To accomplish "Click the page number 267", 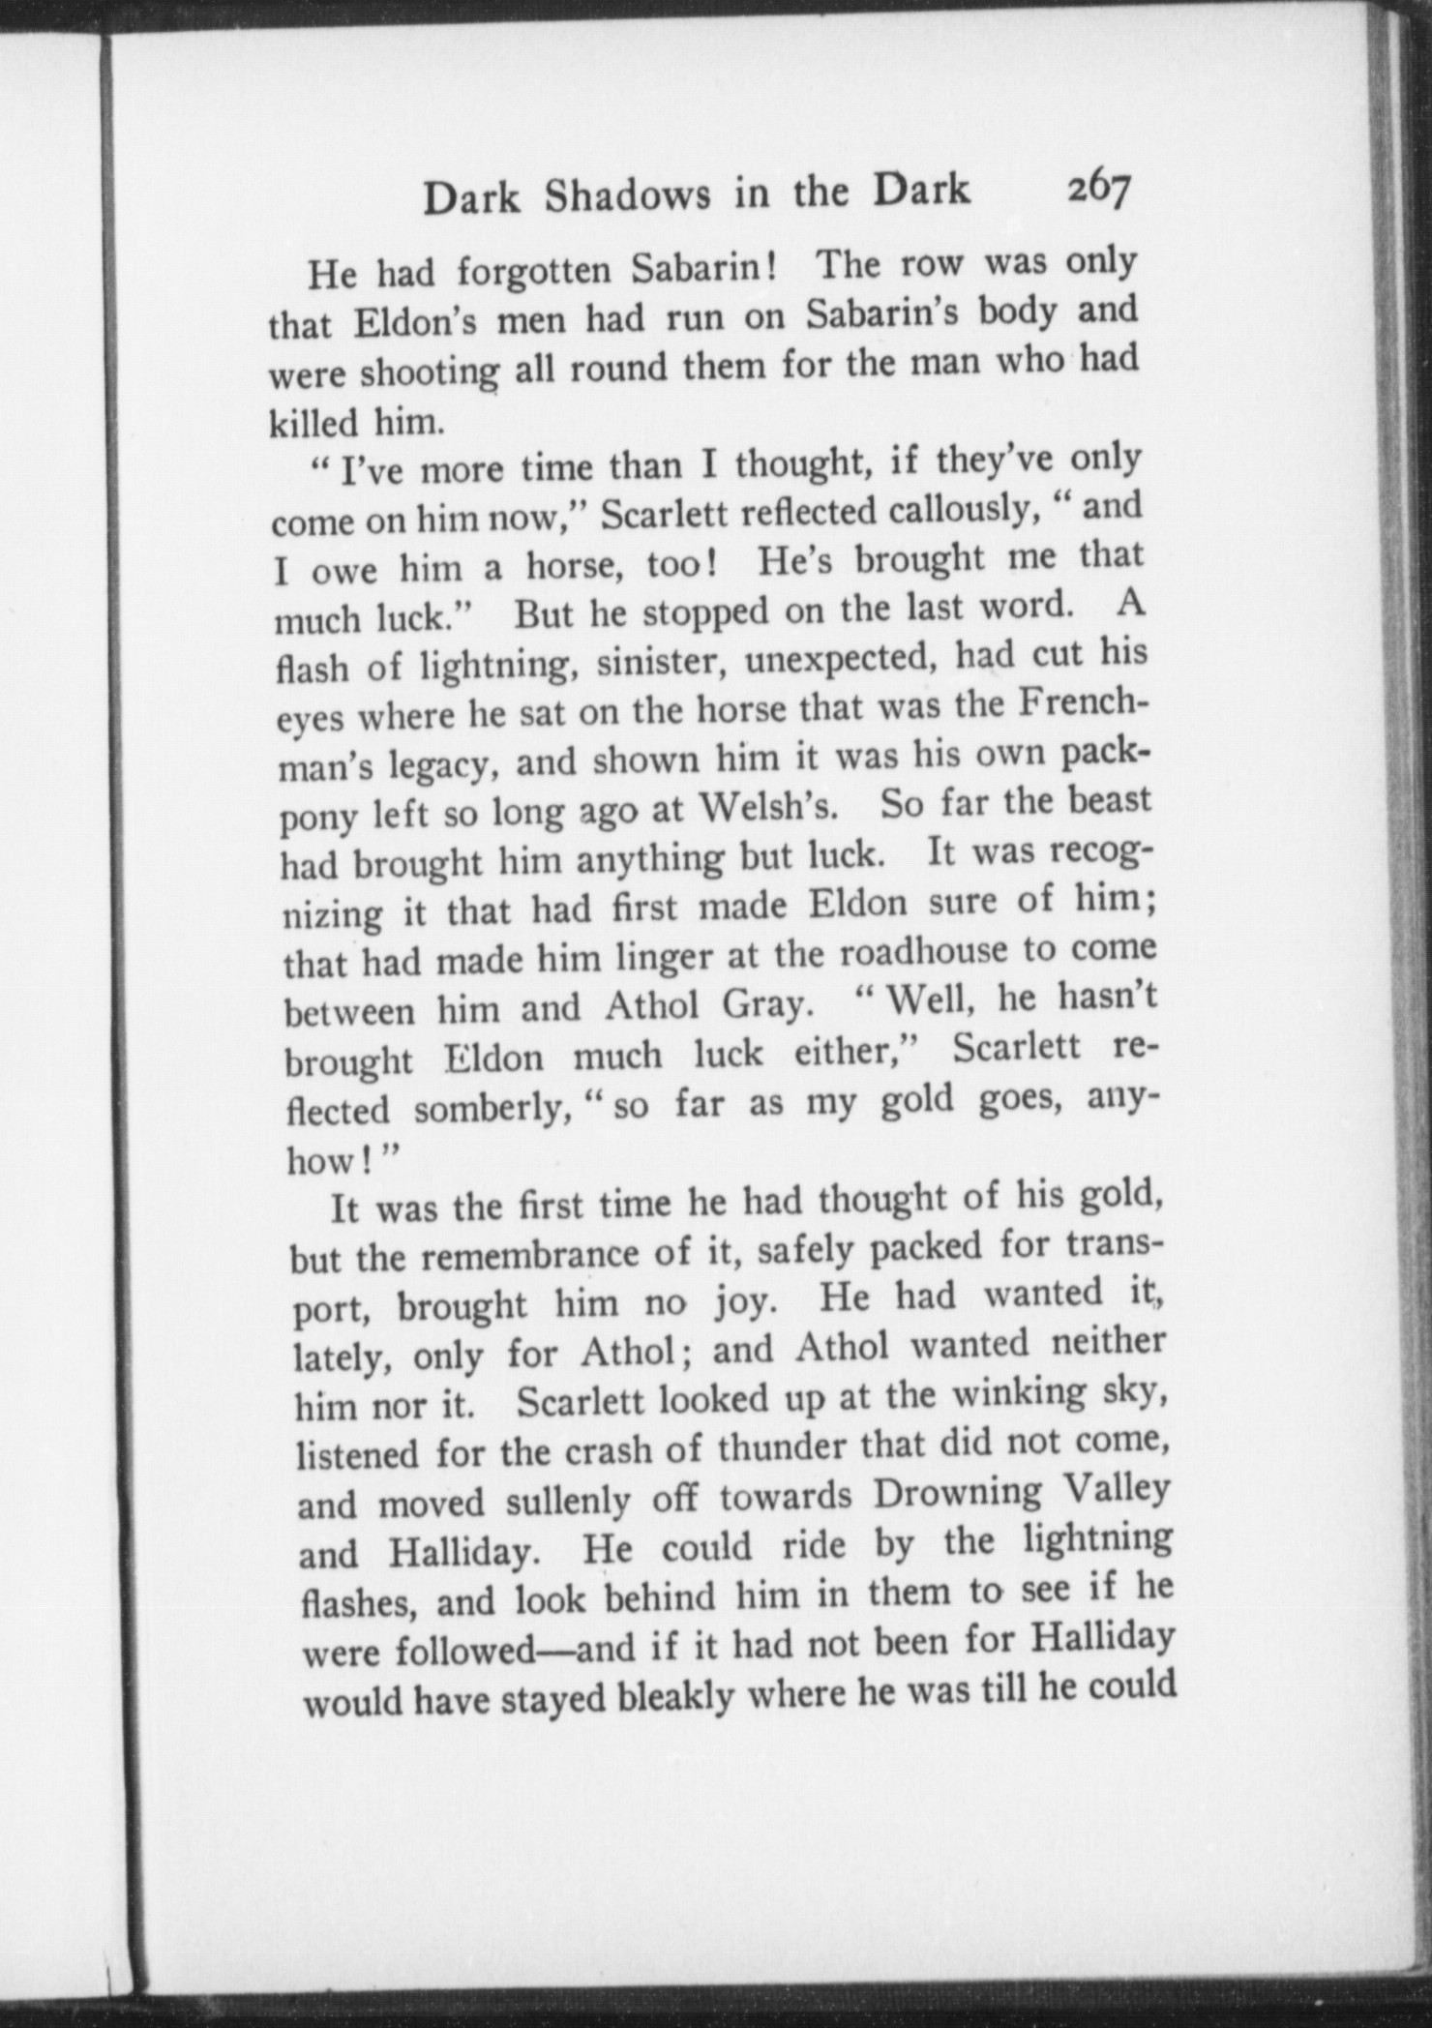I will (x=1098, y=190).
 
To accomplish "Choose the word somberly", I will (x=490, y=1110).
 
